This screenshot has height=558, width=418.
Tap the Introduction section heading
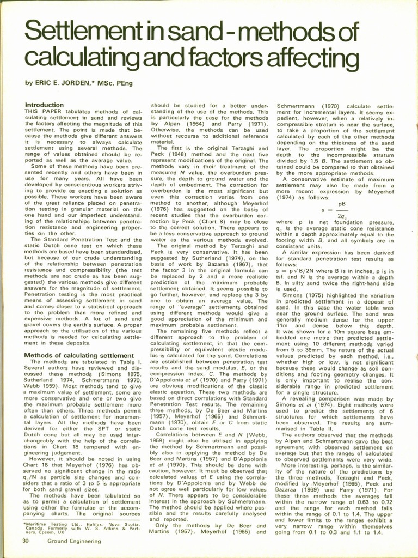click(x=44, y=105)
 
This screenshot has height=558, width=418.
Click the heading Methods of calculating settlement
click(x=79, y=355)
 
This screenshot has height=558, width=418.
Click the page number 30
click(x=26, y=541)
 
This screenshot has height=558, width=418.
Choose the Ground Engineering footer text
click(x=73, y=541)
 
